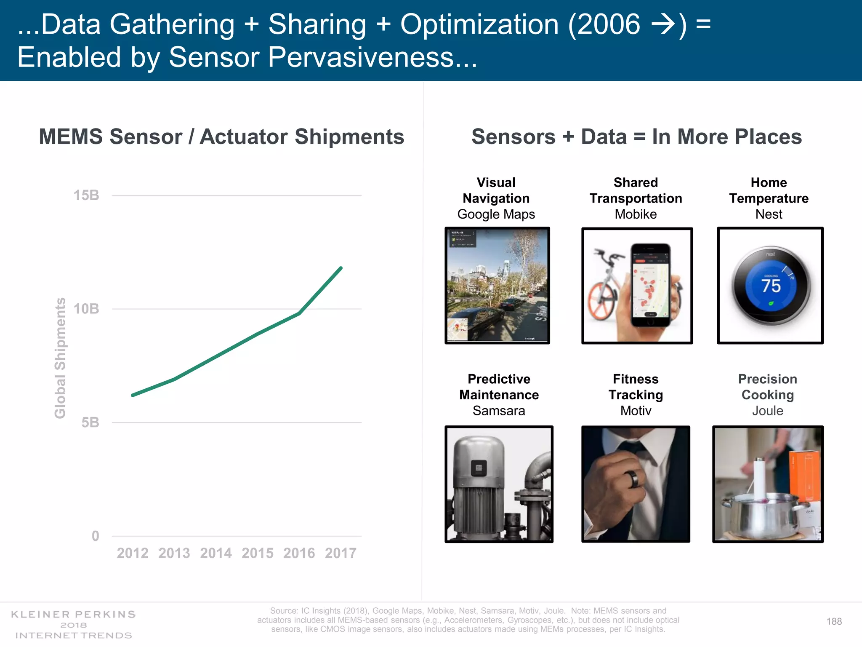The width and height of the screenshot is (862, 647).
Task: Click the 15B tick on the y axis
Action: (86, 195)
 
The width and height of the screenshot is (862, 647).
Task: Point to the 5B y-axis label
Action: (90, 422)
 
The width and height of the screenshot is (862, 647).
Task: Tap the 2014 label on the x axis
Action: (215, 553)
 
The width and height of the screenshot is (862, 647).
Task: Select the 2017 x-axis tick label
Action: (341, 553)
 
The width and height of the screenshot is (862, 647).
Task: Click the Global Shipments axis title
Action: (60, 358)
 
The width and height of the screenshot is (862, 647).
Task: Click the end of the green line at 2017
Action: (341, 268)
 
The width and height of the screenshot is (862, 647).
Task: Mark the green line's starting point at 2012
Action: (133, 395)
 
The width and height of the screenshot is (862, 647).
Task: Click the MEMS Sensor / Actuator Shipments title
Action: (221, 136)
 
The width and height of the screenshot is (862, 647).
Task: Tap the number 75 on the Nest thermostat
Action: (771, 286)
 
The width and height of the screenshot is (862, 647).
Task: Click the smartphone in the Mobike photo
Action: (650, 284)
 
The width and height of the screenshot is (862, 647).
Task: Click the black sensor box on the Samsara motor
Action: (479, 468)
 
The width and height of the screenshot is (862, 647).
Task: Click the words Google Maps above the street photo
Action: (496, 214)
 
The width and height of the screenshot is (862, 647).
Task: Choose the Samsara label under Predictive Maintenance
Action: (499, 411)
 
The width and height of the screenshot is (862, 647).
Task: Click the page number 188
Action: (834, 621)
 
